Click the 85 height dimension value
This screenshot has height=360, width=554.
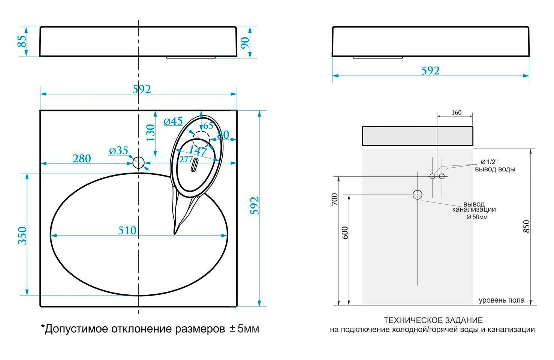(x=22, y=41)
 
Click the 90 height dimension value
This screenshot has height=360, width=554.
(x=245, y=43)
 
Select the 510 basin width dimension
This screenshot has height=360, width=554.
(x=127, y=231)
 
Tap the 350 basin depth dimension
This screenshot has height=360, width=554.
(x=22, y=235)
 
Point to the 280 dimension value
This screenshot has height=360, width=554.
(x=82, y=159)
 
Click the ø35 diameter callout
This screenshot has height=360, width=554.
(x=119, y=150)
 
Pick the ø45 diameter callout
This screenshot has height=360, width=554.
(x=173, y=121)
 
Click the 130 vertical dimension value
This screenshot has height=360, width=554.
(x=151, y=133)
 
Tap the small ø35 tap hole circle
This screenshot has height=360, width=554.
(x=139, y=162)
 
